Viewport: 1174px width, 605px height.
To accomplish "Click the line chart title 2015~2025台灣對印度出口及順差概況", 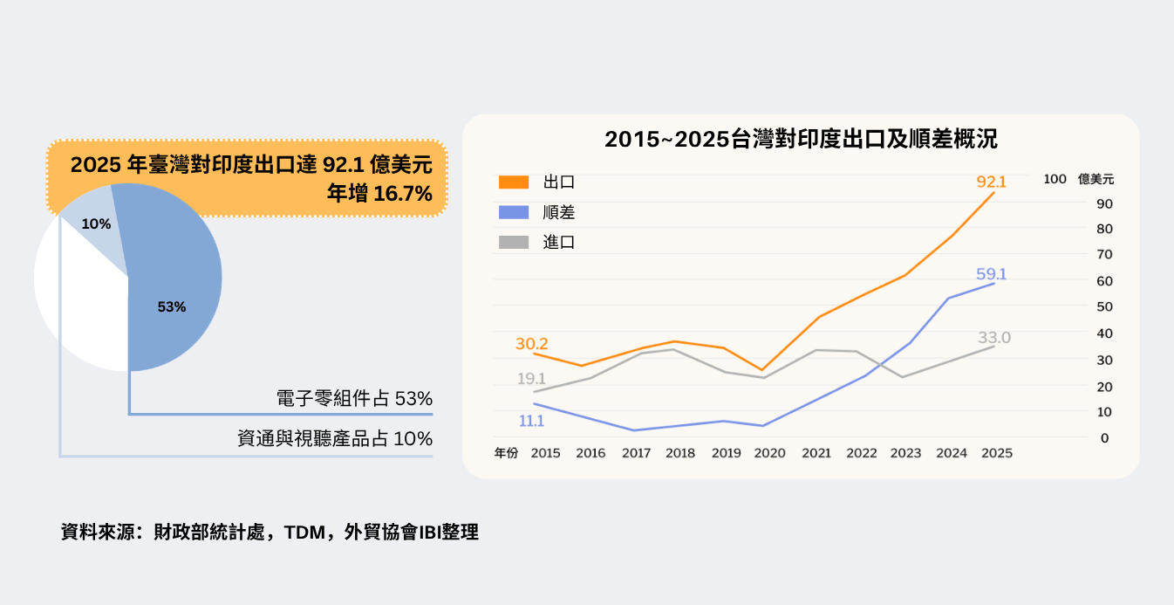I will [x=801, y=140].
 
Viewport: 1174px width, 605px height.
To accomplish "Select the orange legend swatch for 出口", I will [x=514, y=182].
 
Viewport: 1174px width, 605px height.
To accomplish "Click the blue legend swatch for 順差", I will [x=514, y=212].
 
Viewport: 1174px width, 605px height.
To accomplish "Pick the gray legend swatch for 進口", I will [x=514, y=243].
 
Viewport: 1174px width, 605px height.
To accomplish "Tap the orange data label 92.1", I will [x=992, y=182].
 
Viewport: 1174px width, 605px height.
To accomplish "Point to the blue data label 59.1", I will [x=992, y=274].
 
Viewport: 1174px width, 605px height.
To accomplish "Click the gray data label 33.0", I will [x=993, y=338].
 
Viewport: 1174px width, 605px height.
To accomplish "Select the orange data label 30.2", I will [x=531, y=344].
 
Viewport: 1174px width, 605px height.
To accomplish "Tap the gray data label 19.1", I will [x=531, y=379].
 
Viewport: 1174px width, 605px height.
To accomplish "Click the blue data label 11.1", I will [x=531, y=421].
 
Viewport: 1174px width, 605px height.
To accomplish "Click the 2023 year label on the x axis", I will [x=906, y=453].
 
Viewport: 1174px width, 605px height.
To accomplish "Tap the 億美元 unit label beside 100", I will [x=1096, y=179].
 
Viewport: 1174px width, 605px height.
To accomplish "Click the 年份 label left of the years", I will [x=506, y=453].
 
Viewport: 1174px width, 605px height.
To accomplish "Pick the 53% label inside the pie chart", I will [x=172, y=307].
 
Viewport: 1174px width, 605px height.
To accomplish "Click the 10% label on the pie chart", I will [x=96, y=224].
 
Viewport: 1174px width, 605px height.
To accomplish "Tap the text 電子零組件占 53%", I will [x=353, y=399].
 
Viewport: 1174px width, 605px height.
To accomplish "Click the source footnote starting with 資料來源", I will [x=270, y=532].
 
